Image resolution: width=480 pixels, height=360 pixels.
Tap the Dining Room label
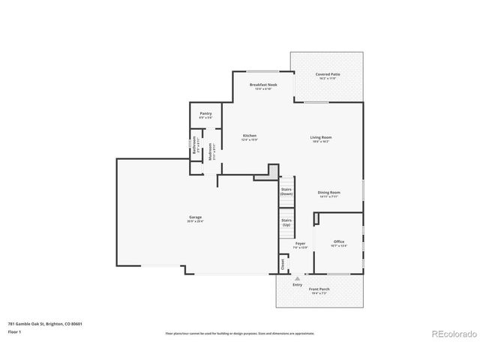[x=329, y=193]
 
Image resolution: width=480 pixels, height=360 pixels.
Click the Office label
[x=339, y=242]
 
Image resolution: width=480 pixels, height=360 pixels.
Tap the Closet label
[x=283, y=264]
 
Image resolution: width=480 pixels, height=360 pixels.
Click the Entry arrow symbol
[x=298, y=277]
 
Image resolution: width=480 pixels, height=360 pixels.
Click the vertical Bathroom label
[x=194, y=144]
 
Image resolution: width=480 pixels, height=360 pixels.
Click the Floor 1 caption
[x=14, y=331]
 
